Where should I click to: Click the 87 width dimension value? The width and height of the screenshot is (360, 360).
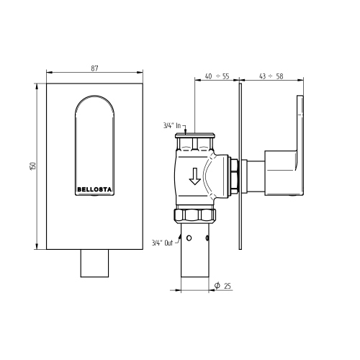coord(94,68)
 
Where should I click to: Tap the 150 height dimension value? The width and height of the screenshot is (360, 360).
coord(33,166)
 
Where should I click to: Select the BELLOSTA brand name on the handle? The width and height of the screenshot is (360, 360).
coord(94,189)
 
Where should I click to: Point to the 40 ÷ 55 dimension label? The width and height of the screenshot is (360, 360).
coord(217,76)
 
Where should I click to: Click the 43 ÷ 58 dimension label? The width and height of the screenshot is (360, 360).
coord(271,76)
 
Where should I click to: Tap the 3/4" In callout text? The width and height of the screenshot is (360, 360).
coord(172,125)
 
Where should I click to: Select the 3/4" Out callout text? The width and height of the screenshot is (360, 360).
coord(162,243)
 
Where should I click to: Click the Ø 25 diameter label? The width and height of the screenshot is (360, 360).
coord(222,286)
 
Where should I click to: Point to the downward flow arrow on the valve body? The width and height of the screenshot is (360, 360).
coord(194,176)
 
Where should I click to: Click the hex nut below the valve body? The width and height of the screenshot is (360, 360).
coord(194,215)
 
